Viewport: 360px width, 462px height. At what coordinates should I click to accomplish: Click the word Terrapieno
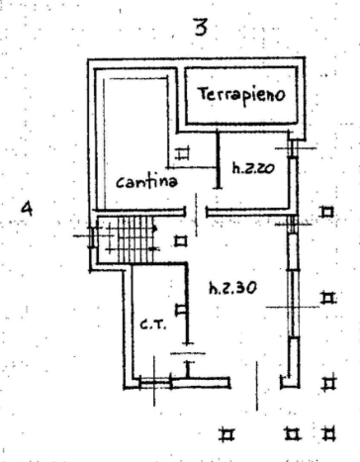pyautogui.click(x=240, y=95)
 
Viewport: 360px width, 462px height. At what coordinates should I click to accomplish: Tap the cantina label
pyautogui.click(x=146, y=183)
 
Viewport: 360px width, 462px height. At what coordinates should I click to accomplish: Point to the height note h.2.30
pyautogui.click(x=233, y=289)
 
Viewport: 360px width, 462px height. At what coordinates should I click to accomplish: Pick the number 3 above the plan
pyautogui.click(x=200, y=27)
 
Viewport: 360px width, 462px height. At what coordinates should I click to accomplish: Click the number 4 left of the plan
pyautogui.click(x=29, y=209)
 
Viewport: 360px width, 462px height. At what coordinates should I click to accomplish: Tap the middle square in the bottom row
pyautogui.click(x=292, y=432)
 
